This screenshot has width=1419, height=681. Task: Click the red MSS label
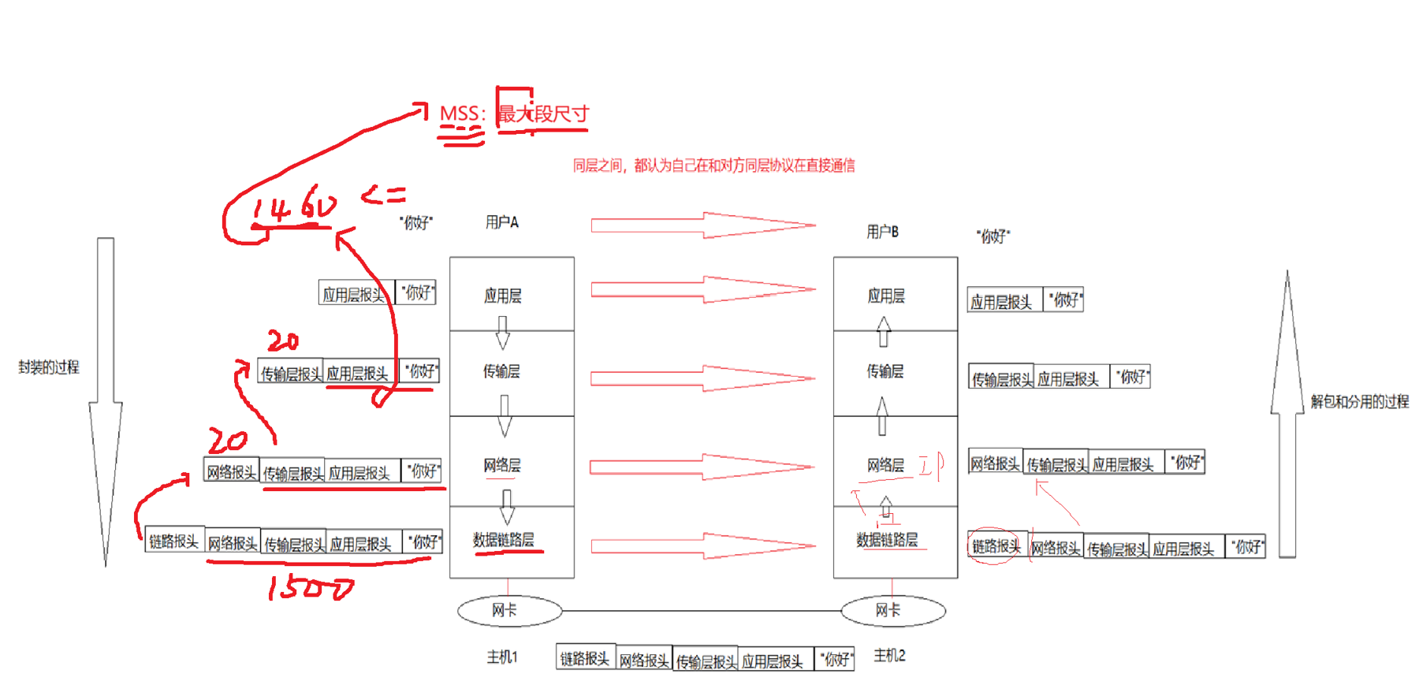click(460, 113)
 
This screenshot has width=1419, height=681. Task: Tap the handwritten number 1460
click(293, 207)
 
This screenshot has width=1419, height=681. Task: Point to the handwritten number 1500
click(310, 588)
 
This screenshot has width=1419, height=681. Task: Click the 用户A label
click(501, 222)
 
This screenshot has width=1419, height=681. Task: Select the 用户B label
click(882, 232)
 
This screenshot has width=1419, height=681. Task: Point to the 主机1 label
click(501, 657)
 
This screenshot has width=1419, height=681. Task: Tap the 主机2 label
click(889, 655)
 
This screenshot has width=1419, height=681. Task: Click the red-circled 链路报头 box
click(996, 545)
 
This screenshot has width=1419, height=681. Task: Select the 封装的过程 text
click(49, 367)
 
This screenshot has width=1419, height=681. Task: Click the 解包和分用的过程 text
click(1359, 401)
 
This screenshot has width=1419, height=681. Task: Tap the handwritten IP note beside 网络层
click(932, 465)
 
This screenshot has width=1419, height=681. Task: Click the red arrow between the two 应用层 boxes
click(702, 289)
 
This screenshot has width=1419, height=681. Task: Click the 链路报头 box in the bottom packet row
click(585, 658)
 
